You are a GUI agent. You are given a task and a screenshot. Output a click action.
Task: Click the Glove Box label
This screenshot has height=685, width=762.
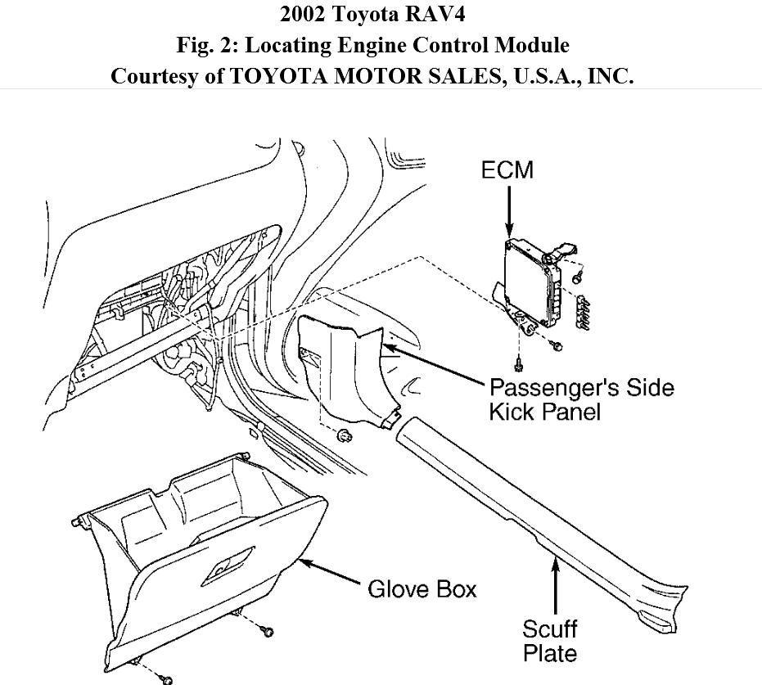[x=422, y=588]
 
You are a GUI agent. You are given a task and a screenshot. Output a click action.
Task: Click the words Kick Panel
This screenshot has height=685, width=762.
[x=544, y=411]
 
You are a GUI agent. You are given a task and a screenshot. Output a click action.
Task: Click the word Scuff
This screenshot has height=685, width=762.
[x=549, y=629]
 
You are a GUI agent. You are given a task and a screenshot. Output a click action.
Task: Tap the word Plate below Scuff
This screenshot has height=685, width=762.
[x=549, y=654]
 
